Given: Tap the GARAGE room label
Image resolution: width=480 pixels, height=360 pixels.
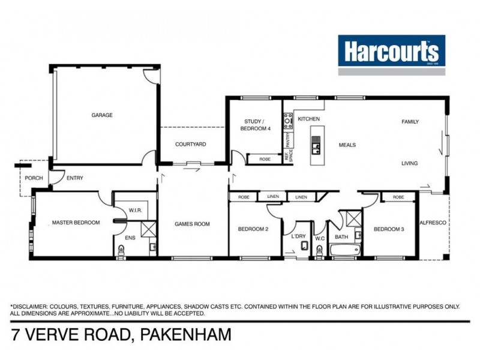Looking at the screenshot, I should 102,115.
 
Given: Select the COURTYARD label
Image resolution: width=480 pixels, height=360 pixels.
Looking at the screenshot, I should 191,145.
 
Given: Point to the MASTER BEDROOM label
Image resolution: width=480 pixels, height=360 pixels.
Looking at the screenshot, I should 76,223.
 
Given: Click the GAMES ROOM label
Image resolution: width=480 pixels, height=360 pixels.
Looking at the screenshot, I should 192,224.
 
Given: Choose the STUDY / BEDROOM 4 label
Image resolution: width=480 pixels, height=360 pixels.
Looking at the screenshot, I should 256,125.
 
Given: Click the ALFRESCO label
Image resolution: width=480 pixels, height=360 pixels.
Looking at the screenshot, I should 433,223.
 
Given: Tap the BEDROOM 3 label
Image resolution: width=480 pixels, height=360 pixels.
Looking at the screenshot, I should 389,229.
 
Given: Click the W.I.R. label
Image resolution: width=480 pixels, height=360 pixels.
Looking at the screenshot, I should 135,210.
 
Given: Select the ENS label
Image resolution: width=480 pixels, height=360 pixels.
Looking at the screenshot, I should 130,238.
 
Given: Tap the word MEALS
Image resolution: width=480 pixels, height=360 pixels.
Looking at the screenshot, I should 347,145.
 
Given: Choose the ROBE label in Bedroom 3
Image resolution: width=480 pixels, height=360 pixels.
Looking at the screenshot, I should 398,197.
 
